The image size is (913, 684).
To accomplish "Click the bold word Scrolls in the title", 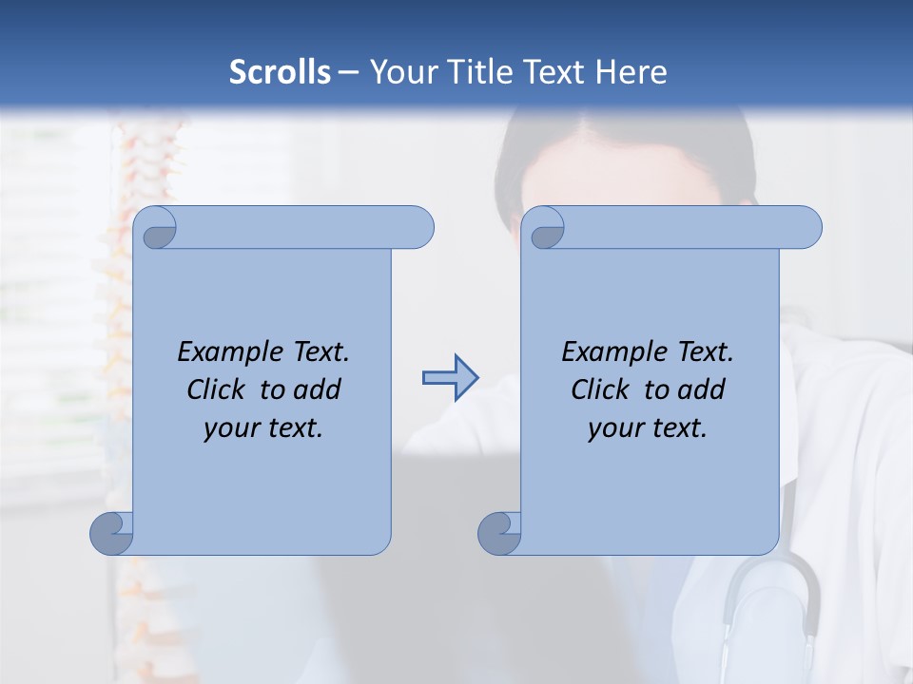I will [x=281, y=72].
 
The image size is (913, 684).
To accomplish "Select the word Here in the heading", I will [x=631, y=72].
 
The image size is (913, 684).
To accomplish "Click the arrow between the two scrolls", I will [x=450, y=378].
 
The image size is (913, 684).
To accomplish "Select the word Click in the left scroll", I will [x=219, y=389].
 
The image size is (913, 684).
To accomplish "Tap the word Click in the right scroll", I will [x=602, y=389].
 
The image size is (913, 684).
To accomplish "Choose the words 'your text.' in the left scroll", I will [x=263, y=428].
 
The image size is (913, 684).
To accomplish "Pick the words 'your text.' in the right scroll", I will [x=648, y=428].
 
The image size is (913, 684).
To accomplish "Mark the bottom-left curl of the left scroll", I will [x=111, y=533].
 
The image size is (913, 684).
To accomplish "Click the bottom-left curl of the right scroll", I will [x=499, y=533].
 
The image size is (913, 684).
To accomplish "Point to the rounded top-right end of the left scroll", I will [x=418, y=227].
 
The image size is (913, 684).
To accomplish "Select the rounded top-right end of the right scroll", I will [x=806, y=227].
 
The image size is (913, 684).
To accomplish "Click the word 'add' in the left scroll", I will [x=318, y=389].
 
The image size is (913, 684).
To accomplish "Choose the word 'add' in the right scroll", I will [x=702, y=389].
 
